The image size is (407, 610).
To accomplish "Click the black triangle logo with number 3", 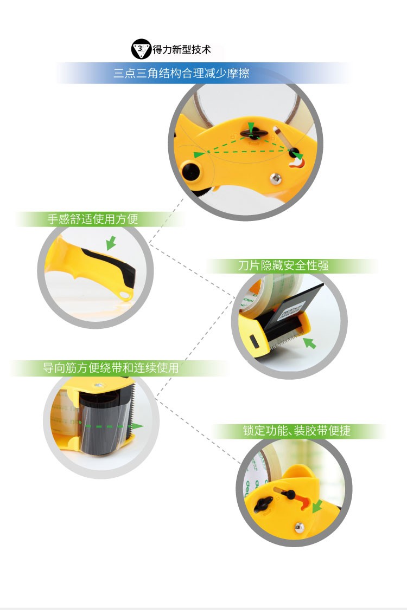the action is pyautogui.click(x=141, y=49).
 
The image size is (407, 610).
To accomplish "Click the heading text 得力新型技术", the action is pyautogui.click(x=182, y=49).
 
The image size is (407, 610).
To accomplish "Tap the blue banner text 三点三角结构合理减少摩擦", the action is pyautogui.click(x=181, y=73).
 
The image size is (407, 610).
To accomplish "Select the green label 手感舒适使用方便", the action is pyautogui.click(x=93, y=219).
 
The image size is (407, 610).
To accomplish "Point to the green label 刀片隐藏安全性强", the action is pyautogui.click(x=283, y=265).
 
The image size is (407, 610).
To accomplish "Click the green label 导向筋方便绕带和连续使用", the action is pyautogui.click(x=111, y=368).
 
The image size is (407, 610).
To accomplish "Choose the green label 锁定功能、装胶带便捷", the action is pyautogui.click(x=297, y=431).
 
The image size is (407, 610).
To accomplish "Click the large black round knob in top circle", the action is pyautogui.click(x=190, y=172).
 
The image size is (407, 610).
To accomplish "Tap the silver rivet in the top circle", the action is pyautogui.click(x=276, y=179).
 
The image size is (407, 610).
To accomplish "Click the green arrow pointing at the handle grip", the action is pyautogui.click(x=111, y=243).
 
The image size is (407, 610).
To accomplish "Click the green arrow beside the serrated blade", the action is pyautogui.click(x=309, y=343).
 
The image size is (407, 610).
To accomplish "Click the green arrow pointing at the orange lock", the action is pyautogui.click(x=317, y=507).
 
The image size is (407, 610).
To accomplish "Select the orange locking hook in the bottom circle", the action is pyautogui.click(x=304, y=502).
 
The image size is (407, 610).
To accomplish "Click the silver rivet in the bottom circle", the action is pyautogui.click(x=299, y=527).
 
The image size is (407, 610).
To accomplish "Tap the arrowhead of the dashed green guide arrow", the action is pyautogui.click(x=137, y=426).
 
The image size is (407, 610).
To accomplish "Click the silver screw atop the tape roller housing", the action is pyautogui.click(x=99, y=385).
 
